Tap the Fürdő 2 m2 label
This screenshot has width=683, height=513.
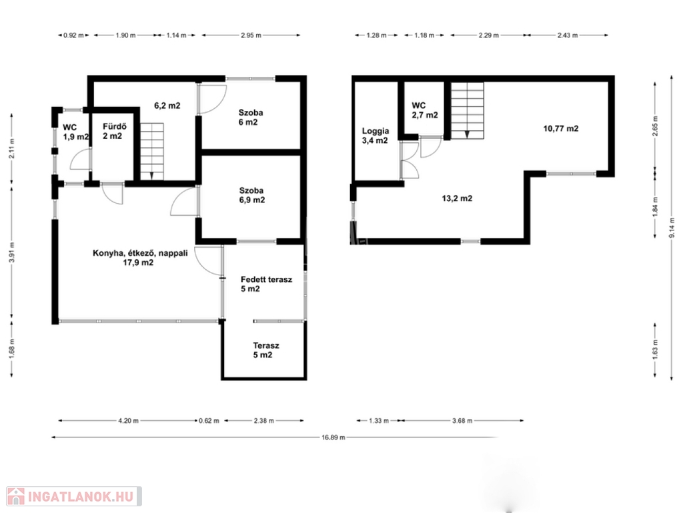pyautogui.click(x=115, y=132)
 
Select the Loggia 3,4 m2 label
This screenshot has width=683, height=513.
pyautogui.click(x=375, y=136)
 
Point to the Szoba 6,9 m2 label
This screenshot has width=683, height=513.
pyautogui.click(x=251, y=196)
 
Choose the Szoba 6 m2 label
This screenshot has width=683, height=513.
pyautogui.click(x=251, y=118)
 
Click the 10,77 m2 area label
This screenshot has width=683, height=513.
pyautogui.click(x=560, y=129)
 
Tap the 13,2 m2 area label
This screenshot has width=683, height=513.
pyautogui.click(x=457, y=198)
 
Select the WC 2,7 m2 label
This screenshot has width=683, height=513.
pyautogui.click(x=425, y=110)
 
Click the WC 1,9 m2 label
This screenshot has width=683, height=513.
pyautogui.click(x=76, y=132)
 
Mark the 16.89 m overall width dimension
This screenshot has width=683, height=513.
pyautogui.click(x=333, y=438)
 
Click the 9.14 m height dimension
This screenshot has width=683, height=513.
pyautogui.click(x=672, y=228)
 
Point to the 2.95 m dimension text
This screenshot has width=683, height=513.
pyautogui.click(x=251, y=35)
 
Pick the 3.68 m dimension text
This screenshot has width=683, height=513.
pyautogui.click(x=462, y=421)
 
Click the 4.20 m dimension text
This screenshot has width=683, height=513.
pyautogui.click(x=128, y=421)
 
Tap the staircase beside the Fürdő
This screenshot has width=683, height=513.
pyautogui.click(x=151, y=152)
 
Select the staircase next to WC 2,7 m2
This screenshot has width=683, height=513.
pyautogui.click(x=467, y=111)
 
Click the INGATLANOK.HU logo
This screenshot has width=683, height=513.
pyautogui.click(x=74, y=496)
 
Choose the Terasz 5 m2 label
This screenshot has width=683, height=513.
pyautogui.click(x=266, y=350)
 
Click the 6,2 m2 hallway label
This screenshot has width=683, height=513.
pyautogui.click(x=167, y=106)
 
